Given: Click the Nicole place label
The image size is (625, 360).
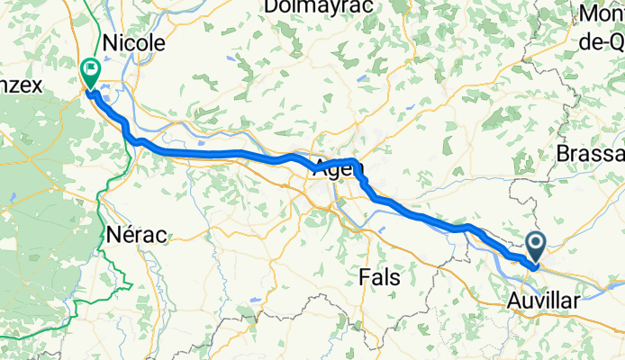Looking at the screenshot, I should pos(135,43).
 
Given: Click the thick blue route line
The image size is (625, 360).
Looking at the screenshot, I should pos(225,153).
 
